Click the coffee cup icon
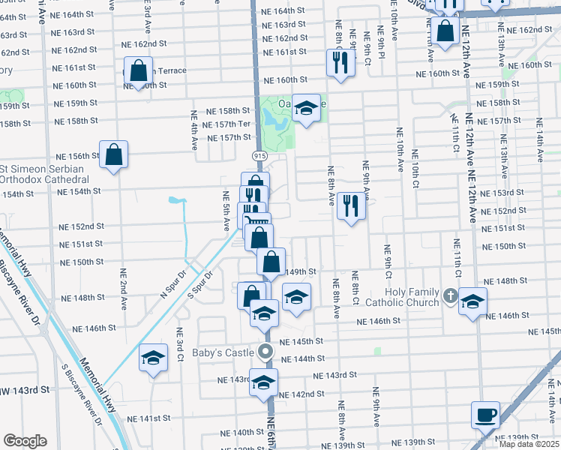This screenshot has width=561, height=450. click(x=485, y=414)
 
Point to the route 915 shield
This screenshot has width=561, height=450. click(x=258, y=154)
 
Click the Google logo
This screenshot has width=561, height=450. click(x=25, y=440)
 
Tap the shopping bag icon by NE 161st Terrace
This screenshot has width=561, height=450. click(x=139, y=72)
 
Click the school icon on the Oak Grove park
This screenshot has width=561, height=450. click(x=305, y=109)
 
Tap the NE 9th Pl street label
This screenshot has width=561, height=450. click(x=381, y=44)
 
